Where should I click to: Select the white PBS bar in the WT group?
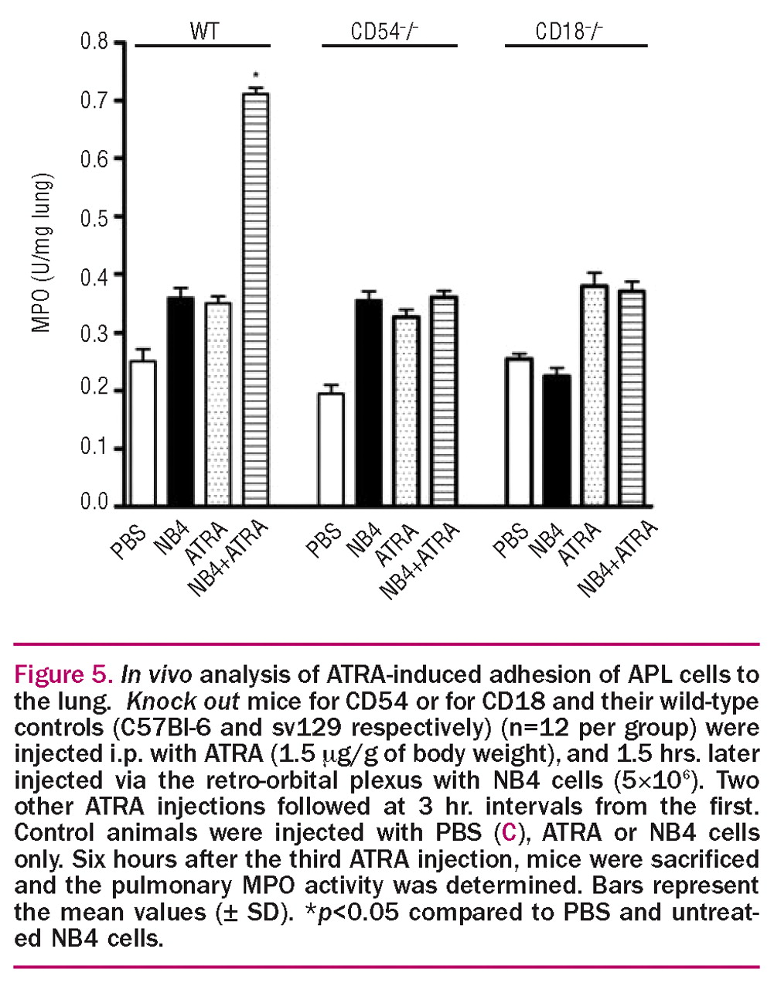(143, 433)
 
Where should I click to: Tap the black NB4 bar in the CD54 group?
(369, 402)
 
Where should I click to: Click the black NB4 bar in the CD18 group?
(556, 440)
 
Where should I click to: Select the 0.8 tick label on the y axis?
(94, 41)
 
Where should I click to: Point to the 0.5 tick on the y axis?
(94, 217)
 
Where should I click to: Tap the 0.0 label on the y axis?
(94, 502)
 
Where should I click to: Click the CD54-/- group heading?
(384, 32)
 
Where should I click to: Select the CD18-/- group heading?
(569, 32)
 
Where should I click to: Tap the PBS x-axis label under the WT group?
(128, 541)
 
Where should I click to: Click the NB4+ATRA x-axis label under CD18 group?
(618, 558)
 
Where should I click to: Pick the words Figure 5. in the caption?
(63, 674)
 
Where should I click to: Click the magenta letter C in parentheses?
(508, 833)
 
